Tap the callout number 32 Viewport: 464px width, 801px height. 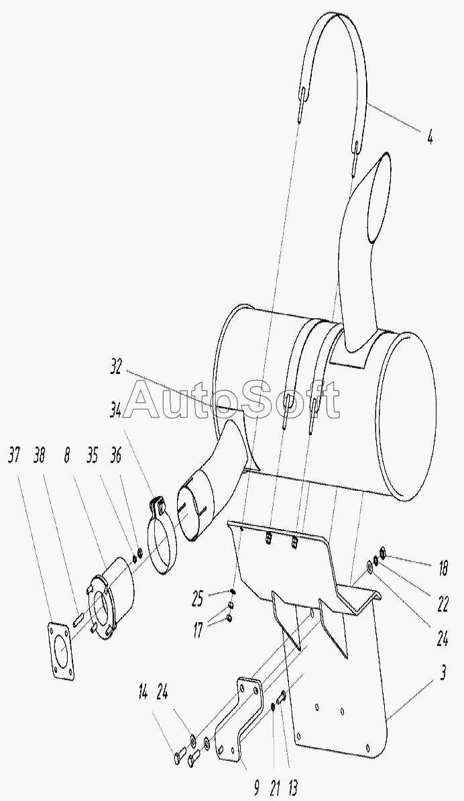pos(116,367)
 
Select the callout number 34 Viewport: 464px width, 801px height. pos(115,410)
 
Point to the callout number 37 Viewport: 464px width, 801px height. pos(14,455)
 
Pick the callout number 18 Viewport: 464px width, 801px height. pos(442,568)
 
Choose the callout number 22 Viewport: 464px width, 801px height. pos(442,604)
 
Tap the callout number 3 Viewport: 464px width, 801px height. pos(443,673)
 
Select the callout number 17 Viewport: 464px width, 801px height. pos(196,631)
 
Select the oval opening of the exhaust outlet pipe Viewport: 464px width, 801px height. pos(381,199)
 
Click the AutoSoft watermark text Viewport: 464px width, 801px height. pos(232,399)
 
